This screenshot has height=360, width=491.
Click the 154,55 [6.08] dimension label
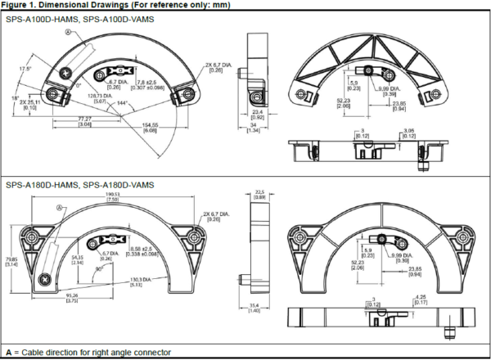click(x=151, y=127)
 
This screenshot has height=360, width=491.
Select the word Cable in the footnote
click(x=35, y=353)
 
